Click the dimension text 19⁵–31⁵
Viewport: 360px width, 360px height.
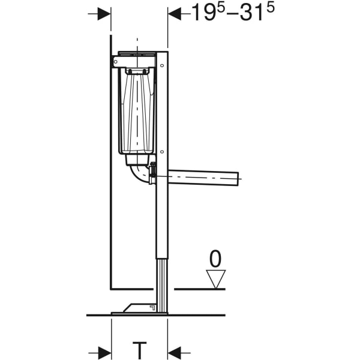coord(227,13)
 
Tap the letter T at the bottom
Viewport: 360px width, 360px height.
coord(139,350)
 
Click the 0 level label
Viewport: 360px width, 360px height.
coord(215,259)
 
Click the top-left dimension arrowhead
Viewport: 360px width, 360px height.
coord(104,13)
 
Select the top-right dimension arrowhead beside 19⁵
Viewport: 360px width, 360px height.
coord(175,13)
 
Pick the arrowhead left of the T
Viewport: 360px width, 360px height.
coord(104,352)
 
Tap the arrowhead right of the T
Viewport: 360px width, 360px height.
coord(175,352)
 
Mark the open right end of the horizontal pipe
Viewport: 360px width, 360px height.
coord(236,178)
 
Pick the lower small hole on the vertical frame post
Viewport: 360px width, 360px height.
coord(162,151)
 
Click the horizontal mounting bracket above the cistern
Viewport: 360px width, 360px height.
coord(135,61)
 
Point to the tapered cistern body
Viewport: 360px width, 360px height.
coord(138,111)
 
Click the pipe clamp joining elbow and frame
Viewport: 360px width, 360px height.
coord(153,174)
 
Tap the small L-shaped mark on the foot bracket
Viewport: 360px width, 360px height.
coord(151,307)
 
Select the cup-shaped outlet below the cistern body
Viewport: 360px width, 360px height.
coord(137,159)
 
